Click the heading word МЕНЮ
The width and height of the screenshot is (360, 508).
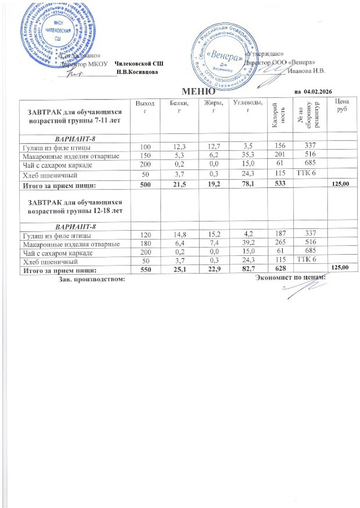[x=198, y=92]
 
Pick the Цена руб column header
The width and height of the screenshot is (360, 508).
[x=342, y=105]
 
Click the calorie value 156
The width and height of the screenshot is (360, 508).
[x=280, y=145]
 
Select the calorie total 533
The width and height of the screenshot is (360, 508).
[x=280, y=183]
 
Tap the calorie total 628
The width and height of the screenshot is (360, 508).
[x=281, y=268]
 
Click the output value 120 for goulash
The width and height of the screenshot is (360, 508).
[x=146, y=235]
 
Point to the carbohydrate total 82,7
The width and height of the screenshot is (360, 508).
[x=248, y=269]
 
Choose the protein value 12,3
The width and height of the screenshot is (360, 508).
[x=180, y=147]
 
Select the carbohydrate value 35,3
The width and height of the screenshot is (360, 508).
[x=248, y=155]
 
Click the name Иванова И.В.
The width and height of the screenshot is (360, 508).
[x=306, y=71]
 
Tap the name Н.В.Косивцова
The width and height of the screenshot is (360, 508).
[x=137, y=72]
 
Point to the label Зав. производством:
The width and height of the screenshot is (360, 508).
[x=91, y=279]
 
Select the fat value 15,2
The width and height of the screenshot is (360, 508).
[x=214, y=235]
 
